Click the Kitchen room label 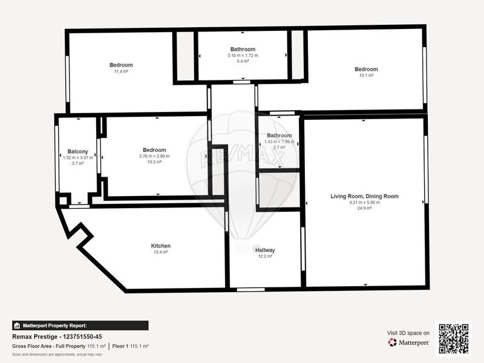coord(160,246)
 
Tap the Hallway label coord(265,250)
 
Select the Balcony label coord(78,152)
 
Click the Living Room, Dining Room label coord(364,196)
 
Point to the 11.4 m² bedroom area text coord(121,71)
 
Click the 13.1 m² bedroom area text coord(366,75)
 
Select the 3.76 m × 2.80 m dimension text coord(154,156)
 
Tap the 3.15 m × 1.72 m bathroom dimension coord(243,56)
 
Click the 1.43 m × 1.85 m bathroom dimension coord(280,142)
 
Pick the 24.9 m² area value coord(364,208)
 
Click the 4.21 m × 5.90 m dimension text coord(365,203)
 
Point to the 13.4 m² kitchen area coord(160,252)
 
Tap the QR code coord(453,338)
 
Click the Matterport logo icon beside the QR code coord(392,342)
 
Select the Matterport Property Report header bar coord(80,325)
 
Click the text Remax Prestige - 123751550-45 coord(57,337)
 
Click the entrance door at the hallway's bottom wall coord(250,290)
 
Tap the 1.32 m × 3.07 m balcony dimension coord(78,158)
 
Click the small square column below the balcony coord(63,201)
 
